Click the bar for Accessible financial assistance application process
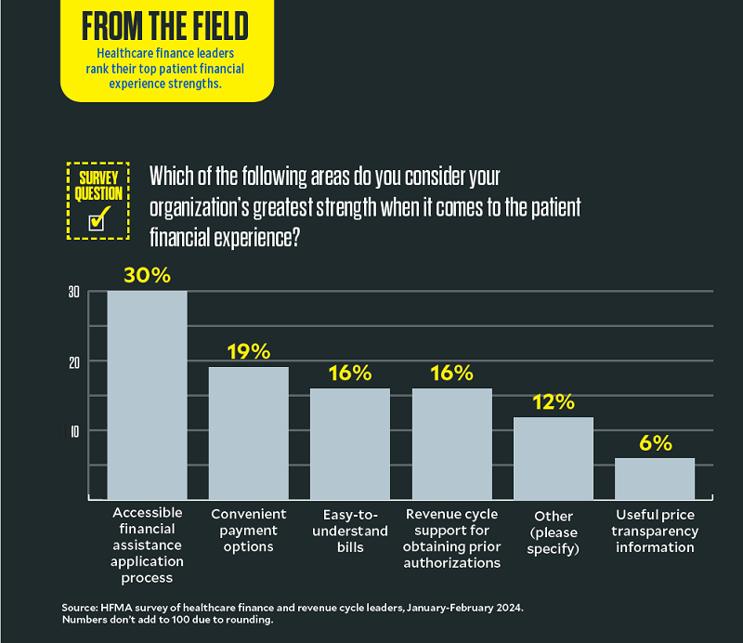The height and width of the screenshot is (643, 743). (147, 396)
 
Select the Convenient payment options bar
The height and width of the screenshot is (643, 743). (248, 433)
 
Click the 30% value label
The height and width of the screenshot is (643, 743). (148, 276)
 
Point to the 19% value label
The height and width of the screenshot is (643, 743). (248, 351)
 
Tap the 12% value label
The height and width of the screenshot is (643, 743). (554, 402)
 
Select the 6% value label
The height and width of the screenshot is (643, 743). (655, 442)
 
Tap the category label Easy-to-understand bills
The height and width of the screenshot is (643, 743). (350, 531)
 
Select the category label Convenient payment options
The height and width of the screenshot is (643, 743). (249, 530)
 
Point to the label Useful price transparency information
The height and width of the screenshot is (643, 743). (656, 531)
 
